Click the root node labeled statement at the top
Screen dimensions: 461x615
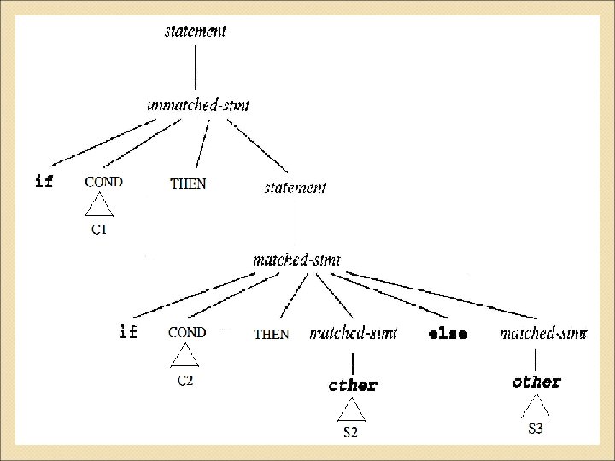[x=196, y=32]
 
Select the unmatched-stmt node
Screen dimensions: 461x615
[x=198, y=105]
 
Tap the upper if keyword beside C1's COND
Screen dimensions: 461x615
[x=44, y=182]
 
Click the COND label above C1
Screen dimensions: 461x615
[x=104, y=182]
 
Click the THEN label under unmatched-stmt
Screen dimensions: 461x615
[x=188, y=184]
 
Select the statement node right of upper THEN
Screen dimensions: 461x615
[x=294, y=187]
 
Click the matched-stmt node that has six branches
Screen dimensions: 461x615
[x=297, y=259]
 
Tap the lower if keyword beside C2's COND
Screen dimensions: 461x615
[x=127, y=332]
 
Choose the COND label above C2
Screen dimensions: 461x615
[x=187, y=332]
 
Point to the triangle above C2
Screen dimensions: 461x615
[x=184, y=357]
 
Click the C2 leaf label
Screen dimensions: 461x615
[x=185, y=380]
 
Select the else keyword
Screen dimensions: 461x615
[x=448, y=334]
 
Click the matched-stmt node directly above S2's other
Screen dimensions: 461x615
[x=353, y=334]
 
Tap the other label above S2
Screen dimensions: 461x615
[x=353, y=385]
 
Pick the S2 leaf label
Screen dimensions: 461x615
[x=351, y=433]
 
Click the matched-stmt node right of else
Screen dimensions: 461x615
[x=542, y=334]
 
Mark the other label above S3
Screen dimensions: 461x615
[x=536, y=382]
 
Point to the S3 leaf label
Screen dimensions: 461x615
[x=535, y=428]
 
